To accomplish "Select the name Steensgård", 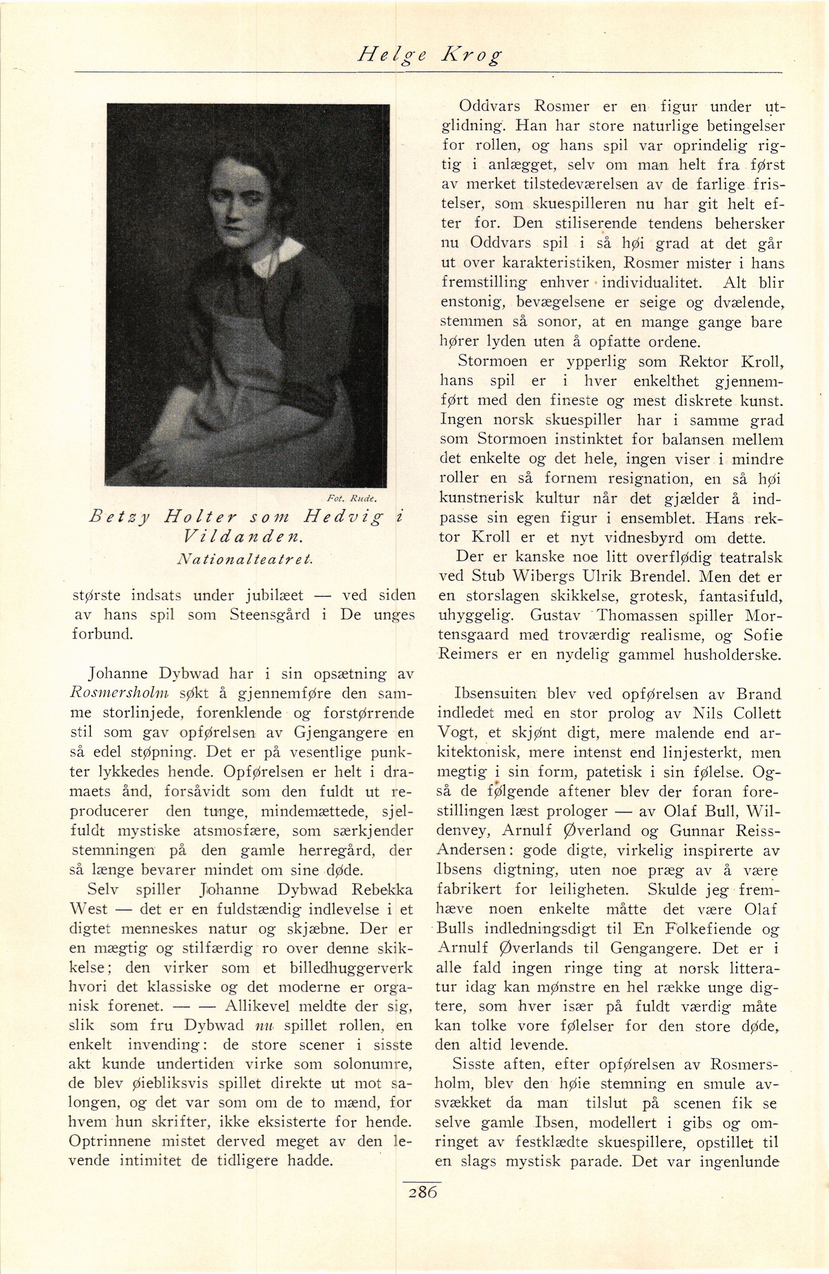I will coord(269,615).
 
